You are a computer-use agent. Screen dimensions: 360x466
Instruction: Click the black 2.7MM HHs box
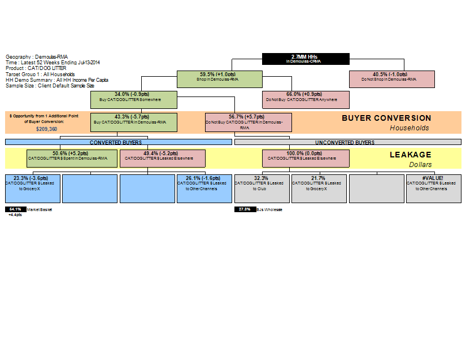[x=306, y=59]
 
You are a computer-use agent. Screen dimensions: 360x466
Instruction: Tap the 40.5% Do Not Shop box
[x=391, y=79]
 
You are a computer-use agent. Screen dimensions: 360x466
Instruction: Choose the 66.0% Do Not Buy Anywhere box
[x=306, y=99]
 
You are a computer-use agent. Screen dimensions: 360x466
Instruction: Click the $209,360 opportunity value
[x=47, y=129]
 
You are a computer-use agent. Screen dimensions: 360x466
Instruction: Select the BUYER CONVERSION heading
[x=386, y=118]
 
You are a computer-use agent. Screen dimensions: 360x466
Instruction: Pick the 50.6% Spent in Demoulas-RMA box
[x=72, y=158]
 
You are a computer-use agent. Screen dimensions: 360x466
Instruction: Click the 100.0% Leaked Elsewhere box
[x=306, y=158]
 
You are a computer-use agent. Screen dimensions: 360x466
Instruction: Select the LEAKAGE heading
[x=410, y=155]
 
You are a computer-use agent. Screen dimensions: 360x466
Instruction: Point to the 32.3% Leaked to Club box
[x=262, y=188]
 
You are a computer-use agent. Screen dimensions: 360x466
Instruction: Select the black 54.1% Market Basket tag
[x=15, y=209]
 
